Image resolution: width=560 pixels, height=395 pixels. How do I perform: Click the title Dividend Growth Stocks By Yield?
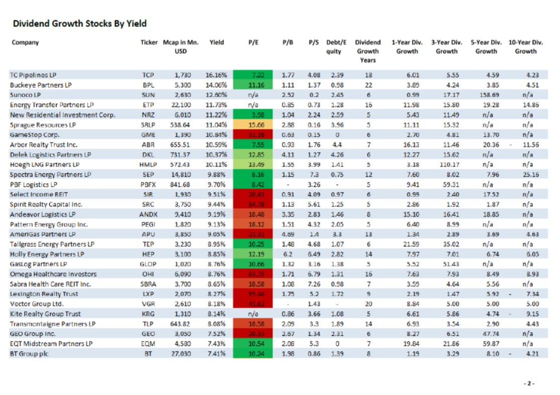[79, 24]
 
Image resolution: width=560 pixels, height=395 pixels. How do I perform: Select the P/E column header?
[253, 43]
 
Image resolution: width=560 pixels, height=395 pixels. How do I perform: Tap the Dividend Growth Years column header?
[367, 51]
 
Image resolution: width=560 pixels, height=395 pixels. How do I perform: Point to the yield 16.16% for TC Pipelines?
[216, 75]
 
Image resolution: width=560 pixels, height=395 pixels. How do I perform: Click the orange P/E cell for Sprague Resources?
[253, 125]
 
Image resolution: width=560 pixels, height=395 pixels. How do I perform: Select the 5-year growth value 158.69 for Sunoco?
[485, 95]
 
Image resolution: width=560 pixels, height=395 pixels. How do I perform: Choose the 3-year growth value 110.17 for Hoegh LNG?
[446, 165]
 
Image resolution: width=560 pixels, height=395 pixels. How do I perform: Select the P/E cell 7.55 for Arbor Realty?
[253, 145]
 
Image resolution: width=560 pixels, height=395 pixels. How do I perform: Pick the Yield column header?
[216, 43]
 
